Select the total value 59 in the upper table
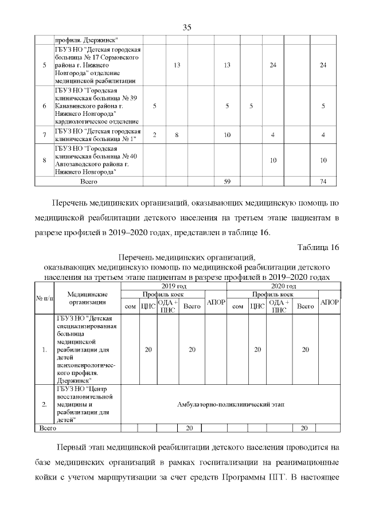pos(227,182)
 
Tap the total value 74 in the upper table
pos(323,182)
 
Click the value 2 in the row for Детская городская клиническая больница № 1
pos(154,135)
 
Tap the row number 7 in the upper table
pos(44,135)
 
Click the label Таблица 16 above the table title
pos(318,247)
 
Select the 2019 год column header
pos(174,286)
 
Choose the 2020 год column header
pos(283,286)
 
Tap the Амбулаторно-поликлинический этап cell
pos(231,404)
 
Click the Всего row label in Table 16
pos(46,428)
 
